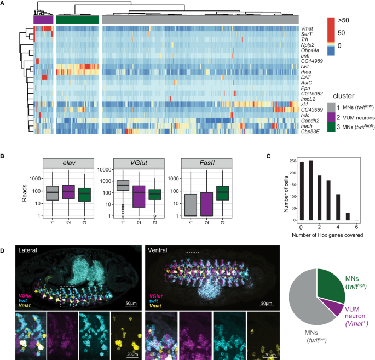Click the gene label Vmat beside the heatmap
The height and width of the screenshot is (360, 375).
pos(307,28)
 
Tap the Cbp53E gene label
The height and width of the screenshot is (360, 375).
pos(310,132)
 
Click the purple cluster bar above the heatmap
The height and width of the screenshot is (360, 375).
pos(43,20)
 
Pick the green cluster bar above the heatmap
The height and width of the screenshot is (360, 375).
pos(78,20)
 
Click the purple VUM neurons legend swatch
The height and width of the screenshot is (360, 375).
pos(331,117)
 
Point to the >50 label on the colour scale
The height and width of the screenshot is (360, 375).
pos(343,20)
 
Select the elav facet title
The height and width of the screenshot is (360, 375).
pos(68,163)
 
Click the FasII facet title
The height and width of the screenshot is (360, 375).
pos(206,163)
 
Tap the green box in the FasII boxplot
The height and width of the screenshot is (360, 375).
pos(223,193)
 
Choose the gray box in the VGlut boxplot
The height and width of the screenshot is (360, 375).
pos(123,186)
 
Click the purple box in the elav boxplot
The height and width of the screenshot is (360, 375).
pos(68,192)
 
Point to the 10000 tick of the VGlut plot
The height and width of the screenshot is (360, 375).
pos(104,170)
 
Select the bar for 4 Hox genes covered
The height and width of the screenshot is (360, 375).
pos(338,207)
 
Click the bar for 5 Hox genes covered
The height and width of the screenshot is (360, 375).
pos(348,216)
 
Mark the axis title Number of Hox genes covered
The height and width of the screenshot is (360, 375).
pos(327,235)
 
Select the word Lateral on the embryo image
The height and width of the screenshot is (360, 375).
pos(28,250)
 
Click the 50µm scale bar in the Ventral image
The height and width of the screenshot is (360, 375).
pos(267,306)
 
